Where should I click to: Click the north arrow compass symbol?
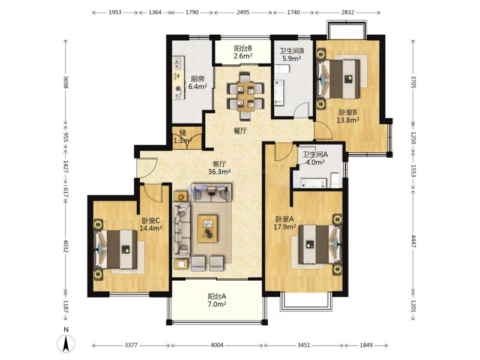66,343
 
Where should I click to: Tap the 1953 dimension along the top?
115,13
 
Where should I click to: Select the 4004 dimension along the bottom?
217,346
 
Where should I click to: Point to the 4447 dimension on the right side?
413,242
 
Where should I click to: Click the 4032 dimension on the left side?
65,246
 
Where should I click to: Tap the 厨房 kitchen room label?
197,79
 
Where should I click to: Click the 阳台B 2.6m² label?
243,52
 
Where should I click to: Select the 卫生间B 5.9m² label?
292,55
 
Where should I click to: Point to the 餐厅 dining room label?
240,131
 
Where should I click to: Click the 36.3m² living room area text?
220,172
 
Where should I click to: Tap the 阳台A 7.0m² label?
217,301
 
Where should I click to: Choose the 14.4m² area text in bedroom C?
151,228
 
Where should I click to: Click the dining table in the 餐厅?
245,97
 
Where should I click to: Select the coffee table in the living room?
208,229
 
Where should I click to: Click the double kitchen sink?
178,64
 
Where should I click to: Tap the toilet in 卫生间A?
335,180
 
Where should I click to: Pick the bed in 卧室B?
339,79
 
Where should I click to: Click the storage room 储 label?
183,133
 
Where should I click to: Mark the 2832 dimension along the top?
347,13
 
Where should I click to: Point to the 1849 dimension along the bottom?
366,346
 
